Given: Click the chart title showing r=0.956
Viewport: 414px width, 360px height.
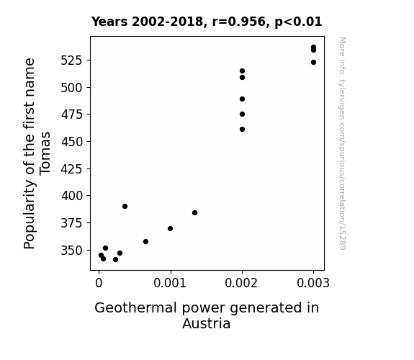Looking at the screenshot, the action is [207, 22].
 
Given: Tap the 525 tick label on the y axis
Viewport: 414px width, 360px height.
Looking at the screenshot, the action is [71, 60].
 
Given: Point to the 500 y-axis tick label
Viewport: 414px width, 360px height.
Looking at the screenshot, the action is [71, 88].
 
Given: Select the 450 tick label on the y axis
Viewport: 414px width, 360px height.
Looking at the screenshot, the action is [71, 142].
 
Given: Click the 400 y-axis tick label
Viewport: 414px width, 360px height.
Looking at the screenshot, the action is [71, 196].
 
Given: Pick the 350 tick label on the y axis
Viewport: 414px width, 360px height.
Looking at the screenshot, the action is [71, 251].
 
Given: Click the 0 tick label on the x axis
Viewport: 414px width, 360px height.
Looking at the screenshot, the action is [99, 283].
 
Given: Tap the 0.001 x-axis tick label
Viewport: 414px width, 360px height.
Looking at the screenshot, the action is [171, 283].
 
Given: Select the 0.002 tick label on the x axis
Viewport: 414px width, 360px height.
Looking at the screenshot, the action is [242, 283].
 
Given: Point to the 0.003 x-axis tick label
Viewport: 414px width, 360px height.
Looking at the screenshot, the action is [313, 283].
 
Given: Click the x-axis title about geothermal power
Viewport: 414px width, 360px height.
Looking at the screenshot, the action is [207, 315].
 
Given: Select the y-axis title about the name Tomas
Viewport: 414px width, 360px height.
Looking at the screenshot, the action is [37, 153].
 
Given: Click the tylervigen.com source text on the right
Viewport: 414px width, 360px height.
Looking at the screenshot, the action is [342, 143].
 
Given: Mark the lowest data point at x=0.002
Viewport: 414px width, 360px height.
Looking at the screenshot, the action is [242, 129].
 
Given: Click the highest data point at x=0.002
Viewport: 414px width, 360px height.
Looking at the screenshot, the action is [242, 71].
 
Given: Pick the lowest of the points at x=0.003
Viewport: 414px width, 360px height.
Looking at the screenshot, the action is [313, 63].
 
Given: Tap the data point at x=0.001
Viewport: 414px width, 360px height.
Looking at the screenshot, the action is [171, 228].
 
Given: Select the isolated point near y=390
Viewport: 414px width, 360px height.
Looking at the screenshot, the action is [125, 207].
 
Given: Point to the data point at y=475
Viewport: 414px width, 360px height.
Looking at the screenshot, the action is [242, 114].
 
